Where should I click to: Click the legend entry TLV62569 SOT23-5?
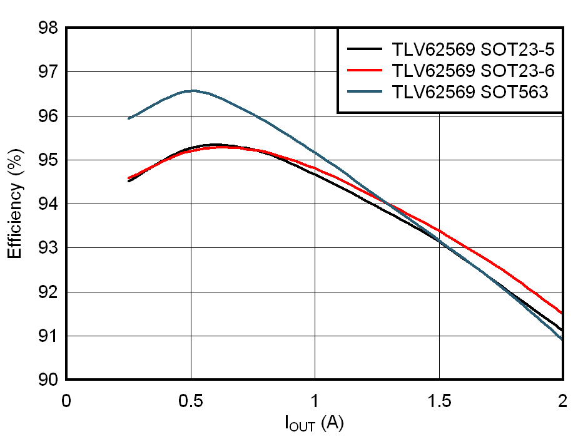[x=473, y=49]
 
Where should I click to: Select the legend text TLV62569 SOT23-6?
[x=473, y=70]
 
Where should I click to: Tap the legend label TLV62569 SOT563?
[x=470, y=91]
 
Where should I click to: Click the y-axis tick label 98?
[x=47, y=29]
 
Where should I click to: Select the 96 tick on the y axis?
[x=47, y=116]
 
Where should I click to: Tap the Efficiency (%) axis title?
[x=16, y=204]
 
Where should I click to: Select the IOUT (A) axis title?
[x=315, y=425]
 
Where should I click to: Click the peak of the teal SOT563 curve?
[x=192, y=90]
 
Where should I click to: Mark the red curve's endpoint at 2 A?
[x=562, y=313]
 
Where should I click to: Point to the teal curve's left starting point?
[x=129, y=118]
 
